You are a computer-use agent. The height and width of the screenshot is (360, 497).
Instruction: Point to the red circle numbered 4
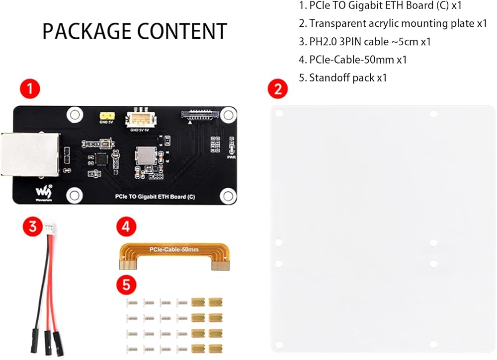[x=126, y=227]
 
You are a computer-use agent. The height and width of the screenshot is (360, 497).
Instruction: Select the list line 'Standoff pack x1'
[x=342, y=77]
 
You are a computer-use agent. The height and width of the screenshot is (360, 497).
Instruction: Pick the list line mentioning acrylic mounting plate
[x=392, y=23]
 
